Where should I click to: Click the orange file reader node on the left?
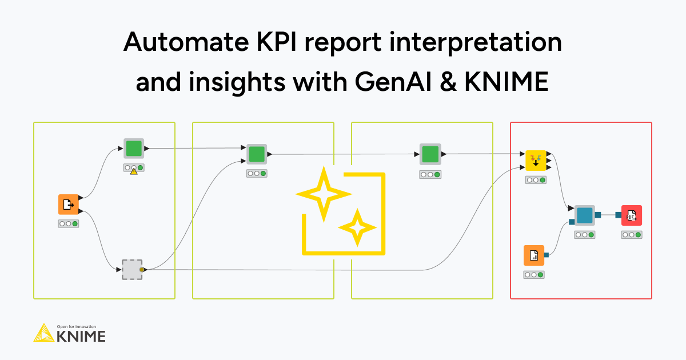[x=68, y=204]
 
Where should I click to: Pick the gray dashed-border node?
[x=131, y=269]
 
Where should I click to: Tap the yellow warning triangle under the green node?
[x=134, y=171]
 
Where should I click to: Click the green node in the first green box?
[x=134, y=149]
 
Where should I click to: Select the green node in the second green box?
[x=257, y=154]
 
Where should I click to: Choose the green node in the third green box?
[x=430, y=154]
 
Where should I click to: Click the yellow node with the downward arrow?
[x=536, y=161]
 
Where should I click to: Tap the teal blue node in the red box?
[x=584, y=215]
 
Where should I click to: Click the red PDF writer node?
[x=631, y=215]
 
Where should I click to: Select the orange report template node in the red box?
[x=533, y=255]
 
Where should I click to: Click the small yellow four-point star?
[x=357, y=227]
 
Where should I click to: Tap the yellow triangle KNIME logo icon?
[x=44, y=333]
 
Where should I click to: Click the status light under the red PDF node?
[x=632, y=235]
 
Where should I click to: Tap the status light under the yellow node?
[x=536, y=180]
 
